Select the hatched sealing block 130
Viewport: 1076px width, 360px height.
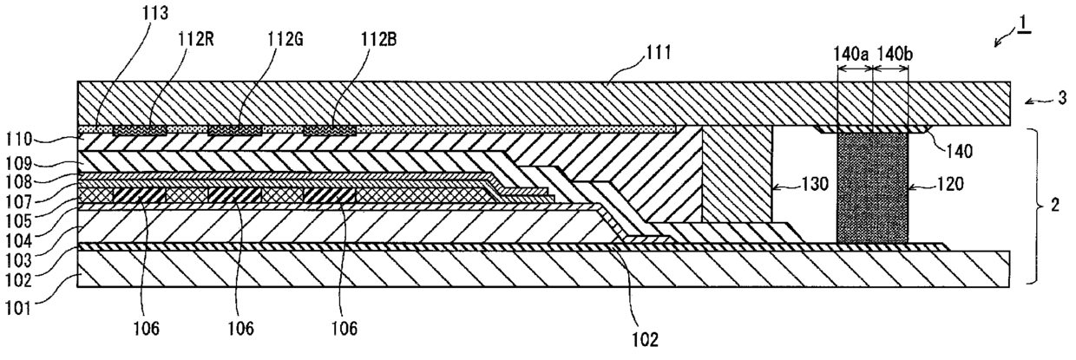[x=736, y=173]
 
